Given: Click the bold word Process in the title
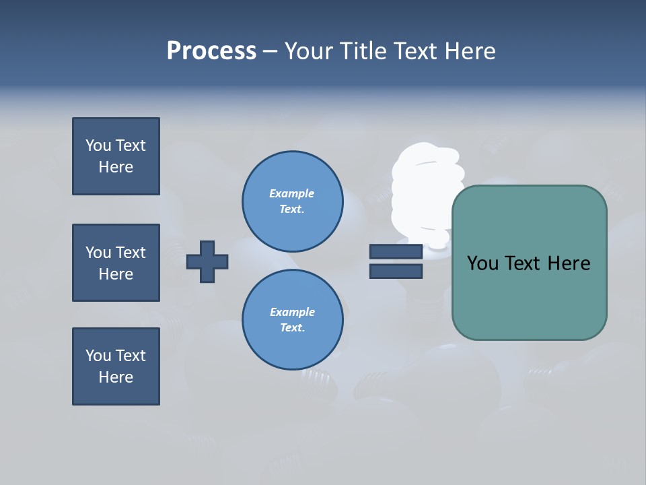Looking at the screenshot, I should (x=211, y=51).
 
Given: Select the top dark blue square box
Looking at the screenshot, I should (x=116, y=156).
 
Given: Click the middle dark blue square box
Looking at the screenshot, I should (x=116, y=263).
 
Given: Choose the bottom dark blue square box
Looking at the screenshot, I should (x=116, y=366).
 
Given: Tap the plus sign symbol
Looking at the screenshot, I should (x=207, y=261).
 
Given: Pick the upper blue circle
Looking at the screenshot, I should (x=292, y=201).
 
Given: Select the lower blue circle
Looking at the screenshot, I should (x=292, y=320).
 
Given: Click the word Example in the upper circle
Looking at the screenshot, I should (x=292, y=193).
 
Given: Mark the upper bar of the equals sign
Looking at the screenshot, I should (x=396, y=251).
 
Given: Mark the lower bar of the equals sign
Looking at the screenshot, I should (x=396, y=271).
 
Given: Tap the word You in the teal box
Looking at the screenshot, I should (x=482, y=263).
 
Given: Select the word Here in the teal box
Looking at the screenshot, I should (x=569, y=263).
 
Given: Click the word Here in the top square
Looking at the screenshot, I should (x=116, y=167).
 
